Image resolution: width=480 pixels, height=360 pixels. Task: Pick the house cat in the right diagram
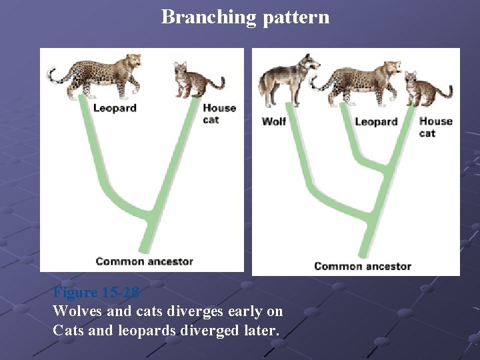(x=427, y=89)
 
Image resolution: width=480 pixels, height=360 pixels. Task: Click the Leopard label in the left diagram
(x=115, y=108)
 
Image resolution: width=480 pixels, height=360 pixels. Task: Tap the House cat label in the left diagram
(x=219, y=113)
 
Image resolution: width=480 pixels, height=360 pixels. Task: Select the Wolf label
(x=274, y=121)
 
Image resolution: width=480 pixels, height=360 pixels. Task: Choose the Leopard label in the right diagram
(x=376, y=121)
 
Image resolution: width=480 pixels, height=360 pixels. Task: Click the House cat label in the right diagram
(x=435, y=127)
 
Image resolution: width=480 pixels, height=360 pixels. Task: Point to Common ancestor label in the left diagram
(x=144, y=261)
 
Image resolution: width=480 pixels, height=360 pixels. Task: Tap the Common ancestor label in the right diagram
(x=362, y=266)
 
